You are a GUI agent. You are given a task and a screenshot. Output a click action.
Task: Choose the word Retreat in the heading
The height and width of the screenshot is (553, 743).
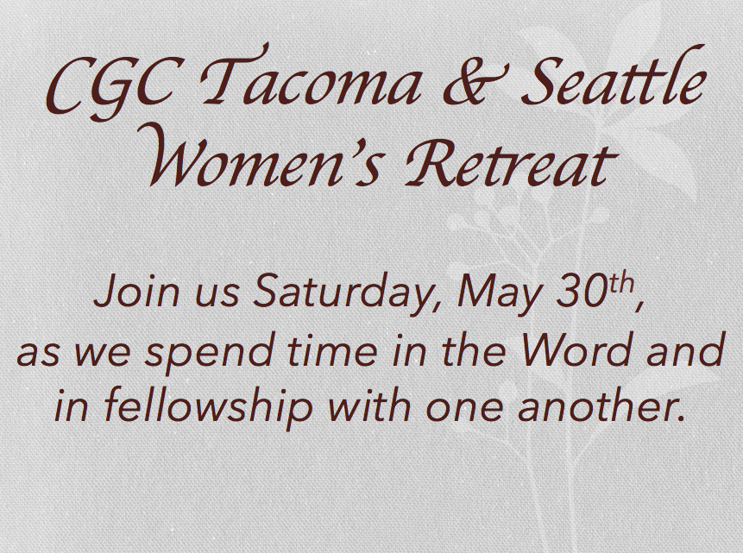(510, 162)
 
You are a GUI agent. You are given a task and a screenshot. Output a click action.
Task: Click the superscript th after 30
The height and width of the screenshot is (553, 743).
(621, 284)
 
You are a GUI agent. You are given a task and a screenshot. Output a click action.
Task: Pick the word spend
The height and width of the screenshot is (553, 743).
(210, 353)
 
